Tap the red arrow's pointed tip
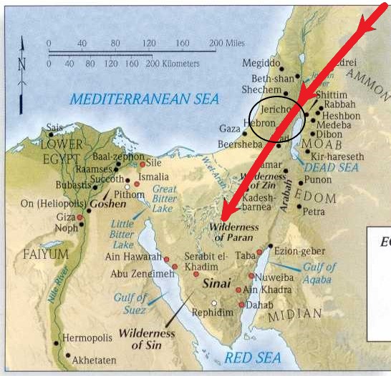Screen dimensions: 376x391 (x=222, y=219)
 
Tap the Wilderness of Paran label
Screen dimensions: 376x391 (x=235, y=232)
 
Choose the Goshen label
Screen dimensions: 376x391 (x=107, y=204)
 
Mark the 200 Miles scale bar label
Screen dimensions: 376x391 (x=227, y=44)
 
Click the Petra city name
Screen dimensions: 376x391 (x=314, y=212)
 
